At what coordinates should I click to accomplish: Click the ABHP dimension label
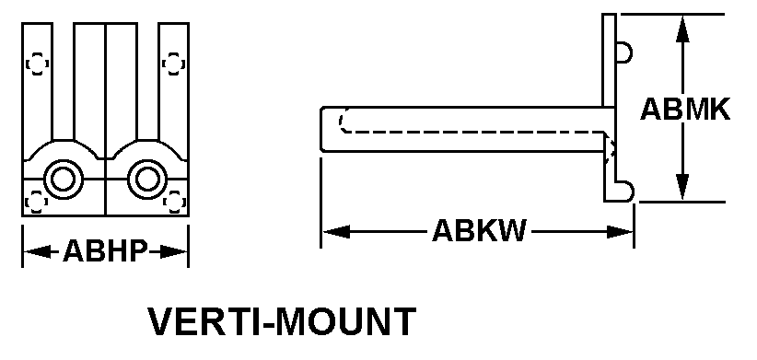click(105, 250)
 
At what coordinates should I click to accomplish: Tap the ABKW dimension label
click(479, 231)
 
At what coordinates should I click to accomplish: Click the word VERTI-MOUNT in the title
click(282, 321)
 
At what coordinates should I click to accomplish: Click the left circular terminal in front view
click(63, 179)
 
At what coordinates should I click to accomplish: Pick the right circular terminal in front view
click(146, 179)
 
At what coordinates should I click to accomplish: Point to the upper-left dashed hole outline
click(37, 64)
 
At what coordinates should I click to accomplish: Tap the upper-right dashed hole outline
click(174, 64)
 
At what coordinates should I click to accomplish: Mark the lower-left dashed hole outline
click(36, 202)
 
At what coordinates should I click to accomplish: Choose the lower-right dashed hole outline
click(174, 202)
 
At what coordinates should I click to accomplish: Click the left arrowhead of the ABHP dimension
click(37, 251)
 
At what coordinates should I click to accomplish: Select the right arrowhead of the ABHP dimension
click(174, 251)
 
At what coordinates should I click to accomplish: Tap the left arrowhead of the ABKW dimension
click(336, 232)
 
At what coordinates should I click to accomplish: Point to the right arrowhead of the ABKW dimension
click(620, 232)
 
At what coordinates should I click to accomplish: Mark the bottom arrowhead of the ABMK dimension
click(681, 185)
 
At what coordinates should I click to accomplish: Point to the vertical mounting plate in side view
click(610, 107)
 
